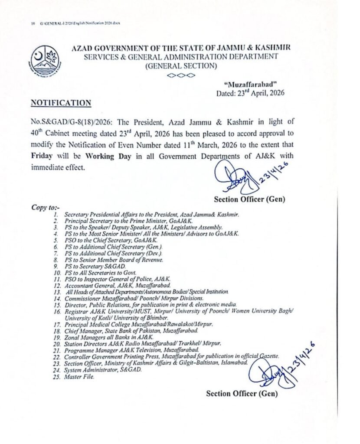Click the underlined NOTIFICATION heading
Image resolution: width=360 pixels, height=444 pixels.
(61, 103)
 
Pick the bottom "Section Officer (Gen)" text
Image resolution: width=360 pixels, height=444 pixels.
(242, 394)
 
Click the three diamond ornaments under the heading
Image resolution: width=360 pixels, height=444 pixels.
(181, 75)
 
